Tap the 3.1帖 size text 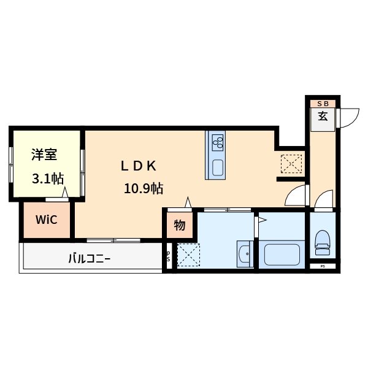(x=47, y=179)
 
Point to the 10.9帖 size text (x=144, y=188)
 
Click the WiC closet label (x=47, y=220)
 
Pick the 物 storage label (x=179, y=225)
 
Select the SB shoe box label (x=323, y=104)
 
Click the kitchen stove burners (x=217, y=143)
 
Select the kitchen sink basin (x=217, y=167)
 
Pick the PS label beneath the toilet (x=323, y=267)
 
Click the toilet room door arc (x=324, y=199)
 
